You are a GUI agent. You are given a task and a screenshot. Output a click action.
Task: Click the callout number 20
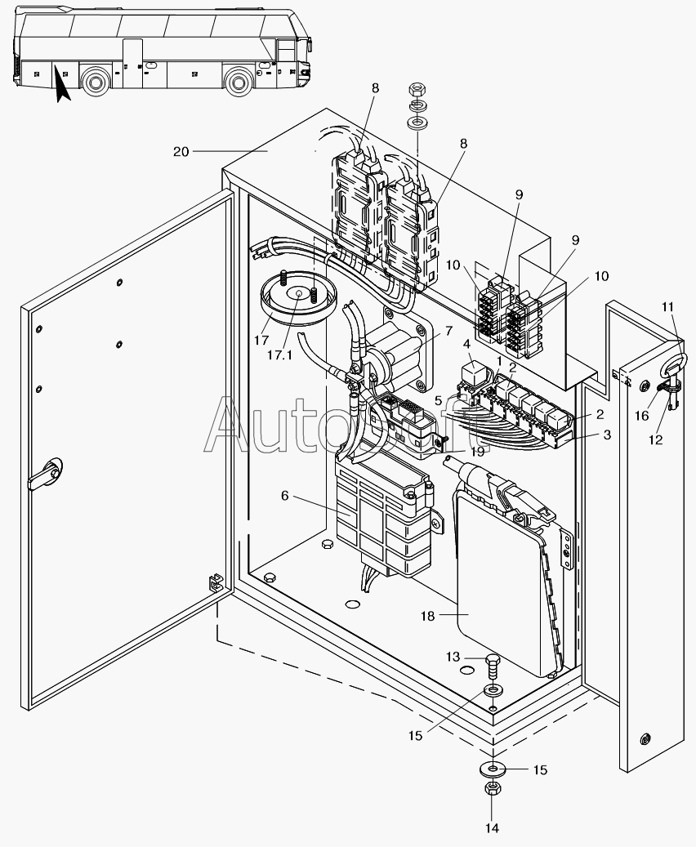pos(181,151)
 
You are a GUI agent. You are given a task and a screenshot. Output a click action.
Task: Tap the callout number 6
pos(285,496)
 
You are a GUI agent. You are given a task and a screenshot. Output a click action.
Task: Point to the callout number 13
pos(452,657)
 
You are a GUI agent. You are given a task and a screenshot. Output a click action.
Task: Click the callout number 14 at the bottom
pos(491,827)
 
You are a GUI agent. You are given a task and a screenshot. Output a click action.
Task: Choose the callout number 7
pos(448,331)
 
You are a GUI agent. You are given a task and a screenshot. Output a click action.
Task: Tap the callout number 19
pos(476,450)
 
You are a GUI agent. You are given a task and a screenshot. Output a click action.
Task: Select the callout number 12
pos(654,439)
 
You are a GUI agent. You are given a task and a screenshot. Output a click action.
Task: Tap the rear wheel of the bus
pos(96,81)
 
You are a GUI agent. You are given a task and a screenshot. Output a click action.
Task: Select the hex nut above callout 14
pos(492,790)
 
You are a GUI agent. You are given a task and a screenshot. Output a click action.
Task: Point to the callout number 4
pos(466,344)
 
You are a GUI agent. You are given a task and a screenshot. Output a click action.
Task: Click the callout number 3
pos(607,435)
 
